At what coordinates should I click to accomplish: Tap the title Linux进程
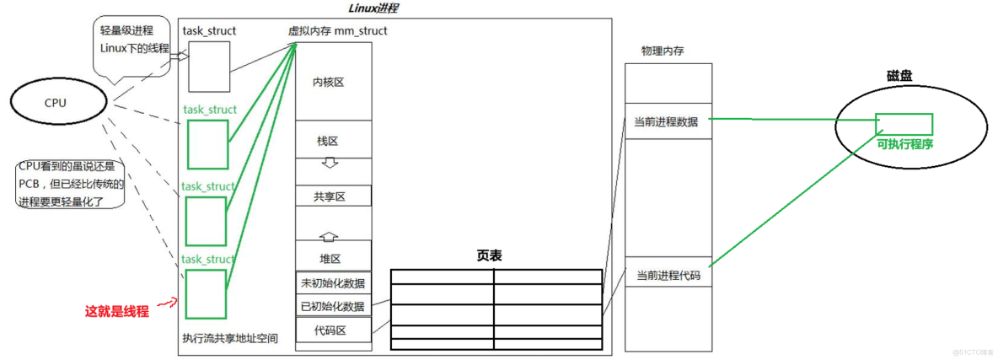[x=372, y=8]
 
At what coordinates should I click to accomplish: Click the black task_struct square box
[x=208, y=67]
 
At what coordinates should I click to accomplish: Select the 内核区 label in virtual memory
[x=329, y=83]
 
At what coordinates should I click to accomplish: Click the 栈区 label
[x=329, y=142]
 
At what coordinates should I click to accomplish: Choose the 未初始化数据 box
[x=333, y=283]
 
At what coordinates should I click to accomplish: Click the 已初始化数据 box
[x=333, y=306]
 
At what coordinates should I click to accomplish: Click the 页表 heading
[x=489, y=255]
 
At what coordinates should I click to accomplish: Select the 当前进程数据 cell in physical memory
[x=667, y=121]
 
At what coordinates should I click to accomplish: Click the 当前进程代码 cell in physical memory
[x=668, y=275]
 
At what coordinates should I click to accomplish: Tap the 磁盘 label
[x=899, y=76]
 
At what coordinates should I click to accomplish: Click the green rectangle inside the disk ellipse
[x=904, y=124]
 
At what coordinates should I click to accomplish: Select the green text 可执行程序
[x=904, y=144]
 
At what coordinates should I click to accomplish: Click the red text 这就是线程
[x=117, y=311]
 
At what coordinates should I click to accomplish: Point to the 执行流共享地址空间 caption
[x=230, y=339]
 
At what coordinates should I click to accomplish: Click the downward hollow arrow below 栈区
[x=330, y=162]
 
